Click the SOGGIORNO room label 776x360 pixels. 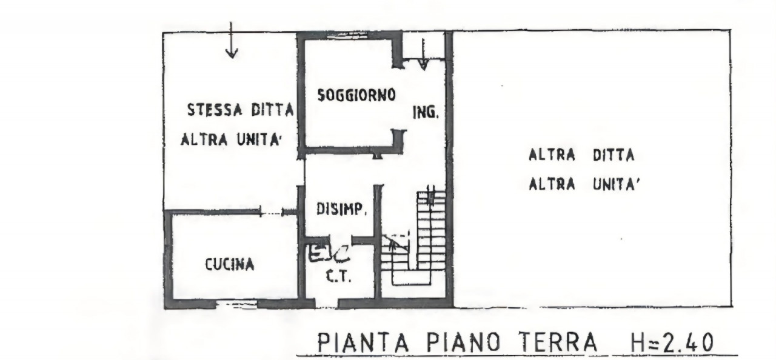(x=356, y=95)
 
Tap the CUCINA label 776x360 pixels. (x=230, y=265)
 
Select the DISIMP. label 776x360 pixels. (x=341, y=209)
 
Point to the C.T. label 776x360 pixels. (x=339, y=276)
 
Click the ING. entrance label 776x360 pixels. (x=426, y=112)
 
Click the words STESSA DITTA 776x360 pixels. (x=241, y=110)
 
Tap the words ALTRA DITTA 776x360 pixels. (x=581, y=155)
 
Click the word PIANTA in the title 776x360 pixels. (x=363, y=342)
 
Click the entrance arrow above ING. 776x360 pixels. (x=423, y=55)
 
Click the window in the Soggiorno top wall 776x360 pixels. (x=350, y=35)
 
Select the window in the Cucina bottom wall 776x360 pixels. (x=237, y=305)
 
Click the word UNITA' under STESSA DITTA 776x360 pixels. (x=258, y=140)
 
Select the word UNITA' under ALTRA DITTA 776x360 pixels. (x=616, y=184)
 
